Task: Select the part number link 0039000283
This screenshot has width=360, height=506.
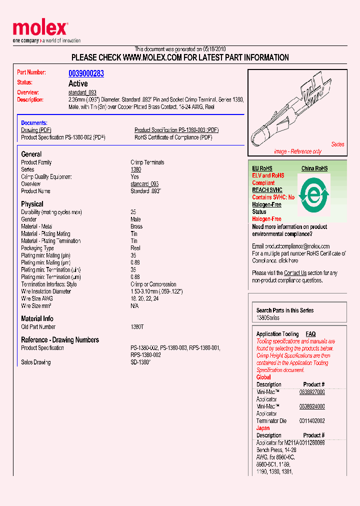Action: coord(86,73)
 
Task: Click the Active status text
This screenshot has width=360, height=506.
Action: coord(78,83)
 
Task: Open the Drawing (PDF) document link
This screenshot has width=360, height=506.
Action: coord(36,130)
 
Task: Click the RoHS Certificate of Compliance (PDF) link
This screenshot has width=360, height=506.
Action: coord(173,137)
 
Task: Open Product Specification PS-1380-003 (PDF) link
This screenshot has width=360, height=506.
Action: coord(176,130)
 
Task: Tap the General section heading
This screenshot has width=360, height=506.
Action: coord(31,154)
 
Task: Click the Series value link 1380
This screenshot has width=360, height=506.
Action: coord(135,169)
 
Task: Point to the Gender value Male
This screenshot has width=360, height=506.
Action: coord(135,219)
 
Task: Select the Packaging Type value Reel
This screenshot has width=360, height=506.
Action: coord(135,248)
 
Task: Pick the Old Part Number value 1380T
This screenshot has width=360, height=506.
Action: coord(137,327)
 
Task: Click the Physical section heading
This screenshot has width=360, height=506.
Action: coord(32,204)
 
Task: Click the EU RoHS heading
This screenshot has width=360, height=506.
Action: coord(262,168)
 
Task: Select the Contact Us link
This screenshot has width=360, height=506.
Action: coord(295,273)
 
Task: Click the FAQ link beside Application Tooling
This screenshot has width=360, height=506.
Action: coord(310,334)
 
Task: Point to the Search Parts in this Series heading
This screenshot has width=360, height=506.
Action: coord(285,310)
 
